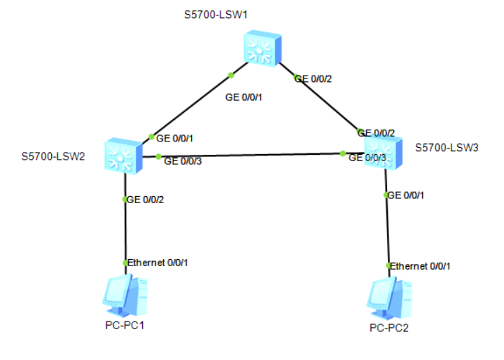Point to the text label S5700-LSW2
[53, 156]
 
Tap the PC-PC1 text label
[124, 326]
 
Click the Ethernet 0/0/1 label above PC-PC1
[157, 263]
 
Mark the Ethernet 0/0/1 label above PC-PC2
[420, 266]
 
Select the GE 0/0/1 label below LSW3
[405, 195]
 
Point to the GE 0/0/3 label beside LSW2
[183, 161]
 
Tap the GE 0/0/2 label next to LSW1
[313, 79]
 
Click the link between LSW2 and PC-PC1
[125, 231]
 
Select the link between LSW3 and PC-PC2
[386, 231]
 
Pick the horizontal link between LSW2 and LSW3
[252, 154]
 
